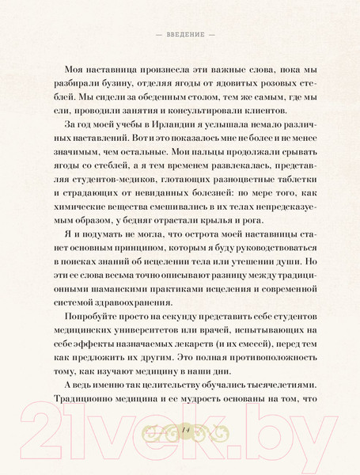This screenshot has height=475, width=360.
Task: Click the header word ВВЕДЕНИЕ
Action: point(180,35)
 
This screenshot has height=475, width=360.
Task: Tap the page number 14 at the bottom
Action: point(180,429)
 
